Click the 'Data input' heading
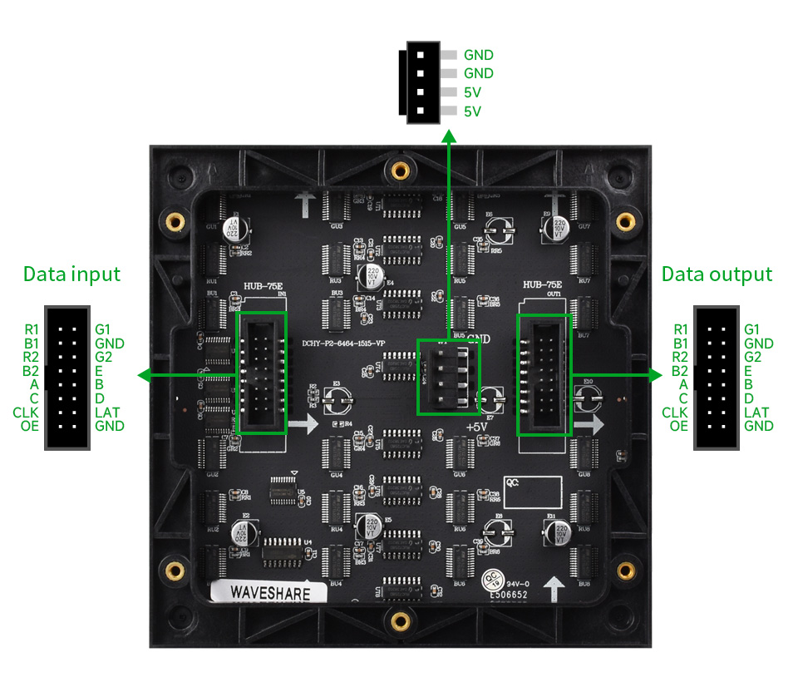tap(71, 274)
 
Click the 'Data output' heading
tap(717, 274)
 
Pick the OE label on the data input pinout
tap(28, 427)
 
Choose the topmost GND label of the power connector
tap(479, 55)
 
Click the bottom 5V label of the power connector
tap(473, 111)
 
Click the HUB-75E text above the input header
tap(263, 286)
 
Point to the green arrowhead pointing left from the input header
tap(144, 376)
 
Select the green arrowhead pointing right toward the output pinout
tap(656, 375)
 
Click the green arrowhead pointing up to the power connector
tap(449, 135)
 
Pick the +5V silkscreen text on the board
tap(476, 426)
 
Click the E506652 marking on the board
tap(508, 596)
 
